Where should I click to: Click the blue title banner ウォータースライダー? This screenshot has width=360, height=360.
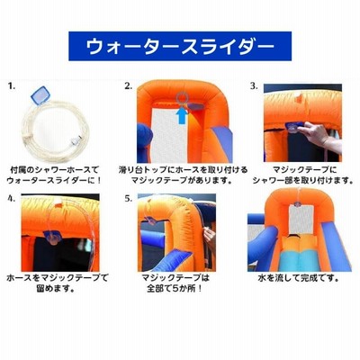(180, 46)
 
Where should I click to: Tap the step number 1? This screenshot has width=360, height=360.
(12, 86)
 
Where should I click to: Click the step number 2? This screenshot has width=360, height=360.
(129, 86)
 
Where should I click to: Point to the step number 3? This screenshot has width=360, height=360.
(254, 86)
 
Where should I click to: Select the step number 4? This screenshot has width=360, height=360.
(12, 199)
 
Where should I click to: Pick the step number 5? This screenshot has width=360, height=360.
(129, 199)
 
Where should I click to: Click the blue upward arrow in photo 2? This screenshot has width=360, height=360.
(182, 115)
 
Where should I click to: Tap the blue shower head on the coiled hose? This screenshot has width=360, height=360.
(40, 95)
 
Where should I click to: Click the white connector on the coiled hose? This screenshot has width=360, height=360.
(76, 140)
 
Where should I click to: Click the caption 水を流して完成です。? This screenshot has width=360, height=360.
(299, 278)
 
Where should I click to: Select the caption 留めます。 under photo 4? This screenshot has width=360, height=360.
(55, 289)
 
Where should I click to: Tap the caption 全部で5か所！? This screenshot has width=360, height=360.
(175, 289)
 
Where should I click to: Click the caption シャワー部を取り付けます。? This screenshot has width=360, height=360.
(302, 181)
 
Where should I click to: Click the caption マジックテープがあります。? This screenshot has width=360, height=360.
(183, 181)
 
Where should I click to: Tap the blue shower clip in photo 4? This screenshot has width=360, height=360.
(52, 236)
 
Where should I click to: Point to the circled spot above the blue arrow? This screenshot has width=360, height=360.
(182, 98)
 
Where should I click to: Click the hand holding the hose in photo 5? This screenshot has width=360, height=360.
(210, 238)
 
